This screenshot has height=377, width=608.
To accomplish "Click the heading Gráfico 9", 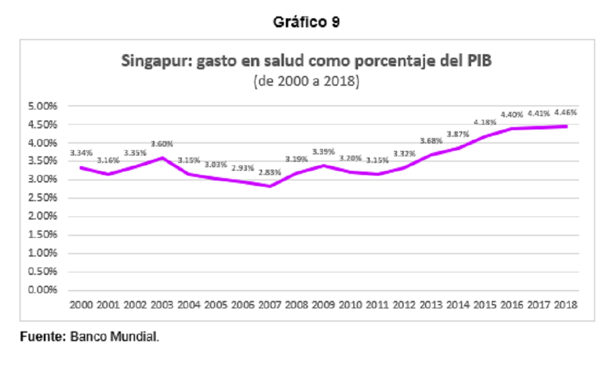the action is [306, 22].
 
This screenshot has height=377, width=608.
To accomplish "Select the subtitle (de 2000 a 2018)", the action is [306, 81].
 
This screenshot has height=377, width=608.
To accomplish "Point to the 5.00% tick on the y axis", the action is [43, 106].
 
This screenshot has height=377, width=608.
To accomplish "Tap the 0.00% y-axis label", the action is [43, 289].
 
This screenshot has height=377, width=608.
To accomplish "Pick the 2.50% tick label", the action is [43, 198].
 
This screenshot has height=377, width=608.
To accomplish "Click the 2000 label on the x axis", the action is [81, 305].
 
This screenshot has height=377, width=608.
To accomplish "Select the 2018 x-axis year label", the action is [565, 305].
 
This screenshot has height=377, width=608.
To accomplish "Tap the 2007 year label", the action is [269, 305].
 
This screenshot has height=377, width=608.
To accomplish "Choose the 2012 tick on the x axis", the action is [404, 305].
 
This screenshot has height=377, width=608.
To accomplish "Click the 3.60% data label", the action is [162, 144].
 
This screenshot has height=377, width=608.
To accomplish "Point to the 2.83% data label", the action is [269, 172].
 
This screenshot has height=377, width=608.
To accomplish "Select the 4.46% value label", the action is [565, 112].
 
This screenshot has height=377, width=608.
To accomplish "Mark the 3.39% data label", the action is [323, 151].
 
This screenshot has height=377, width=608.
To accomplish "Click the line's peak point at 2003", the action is [162, 158].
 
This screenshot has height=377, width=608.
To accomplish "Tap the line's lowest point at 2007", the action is [270, 186].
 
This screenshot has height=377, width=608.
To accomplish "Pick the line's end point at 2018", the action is [566, 126].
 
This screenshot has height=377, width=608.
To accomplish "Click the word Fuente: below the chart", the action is [43, 336].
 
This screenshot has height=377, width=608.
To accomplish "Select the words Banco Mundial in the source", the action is [114, 336].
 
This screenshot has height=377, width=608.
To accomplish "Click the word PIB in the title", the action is [479, 61].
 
